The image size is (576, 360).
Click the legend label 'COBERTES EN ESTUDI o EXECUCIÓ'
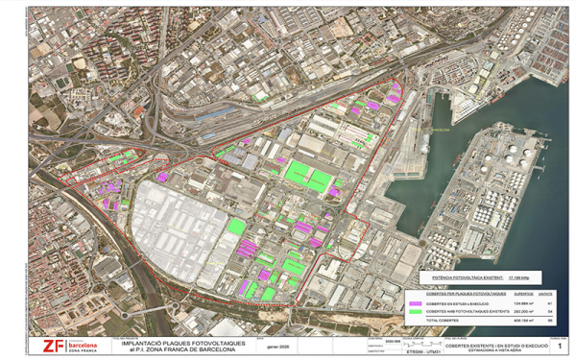[458, 303]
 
